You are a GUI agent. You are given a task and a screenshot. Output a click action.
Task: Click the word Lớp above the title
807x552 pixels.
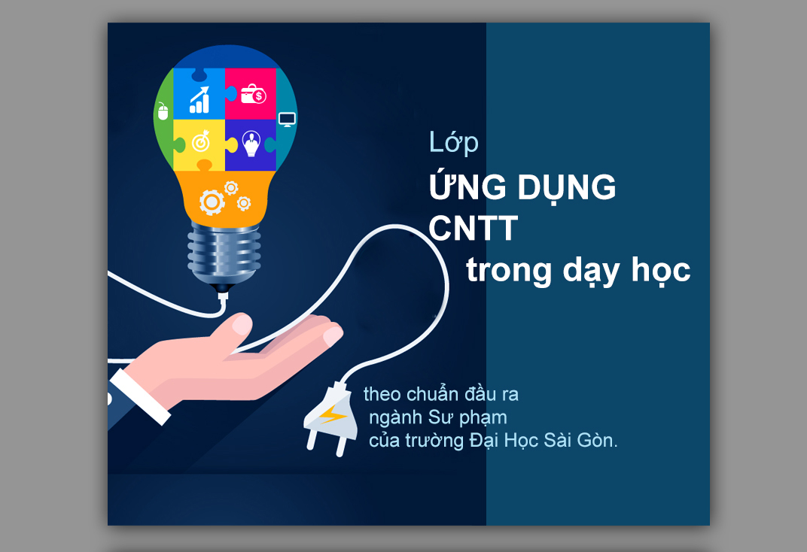[x=453, y=142]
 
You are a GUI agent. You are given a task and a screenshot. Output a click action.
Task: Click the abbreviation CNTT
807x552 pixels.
[x=473, y=228]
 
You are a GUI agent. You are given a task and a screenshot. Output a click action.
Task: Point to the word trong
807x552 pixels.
[x=508, y=271]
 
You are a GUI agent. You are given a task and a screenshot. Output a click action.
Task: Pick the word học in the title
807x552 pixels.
[x=661, y=270]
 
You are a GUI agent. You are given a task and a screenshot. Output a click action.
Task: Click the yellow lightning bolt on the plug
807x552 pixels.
[x=333, y=414]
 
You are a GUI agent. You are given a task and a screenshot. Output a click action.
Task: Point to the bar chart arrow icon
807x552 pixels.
[x=199, y=100]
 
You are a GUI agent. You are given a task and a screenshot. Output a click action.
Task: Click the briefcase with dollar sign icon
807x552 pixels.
[x=253, y=94]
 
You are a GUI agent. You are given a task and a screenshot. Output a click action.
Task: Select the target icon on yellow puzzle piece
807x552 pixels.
[x=201, y=141]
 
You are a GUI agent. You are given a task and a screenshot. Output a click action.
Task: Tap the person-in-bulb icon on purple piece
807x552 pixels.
[x=251, y=144]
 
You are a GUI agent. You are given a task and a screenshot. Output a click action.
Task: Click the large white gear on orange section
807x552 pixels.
[x=212, y=202]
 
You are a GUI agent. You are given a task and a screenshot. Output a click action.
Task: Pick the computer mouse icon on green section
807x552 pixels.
[x=163, y=111]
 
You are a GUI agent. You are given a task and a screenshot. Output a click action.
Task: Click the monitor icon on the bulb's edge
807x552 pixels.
[x=287, y=120]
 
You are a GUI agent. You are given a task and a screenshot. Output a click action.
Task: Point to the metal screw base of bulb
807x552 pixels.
[x=224, y=253]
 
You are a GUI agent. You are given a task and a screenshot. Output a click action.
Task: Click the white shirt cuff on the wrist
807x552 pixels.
[x=140, y=397]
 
